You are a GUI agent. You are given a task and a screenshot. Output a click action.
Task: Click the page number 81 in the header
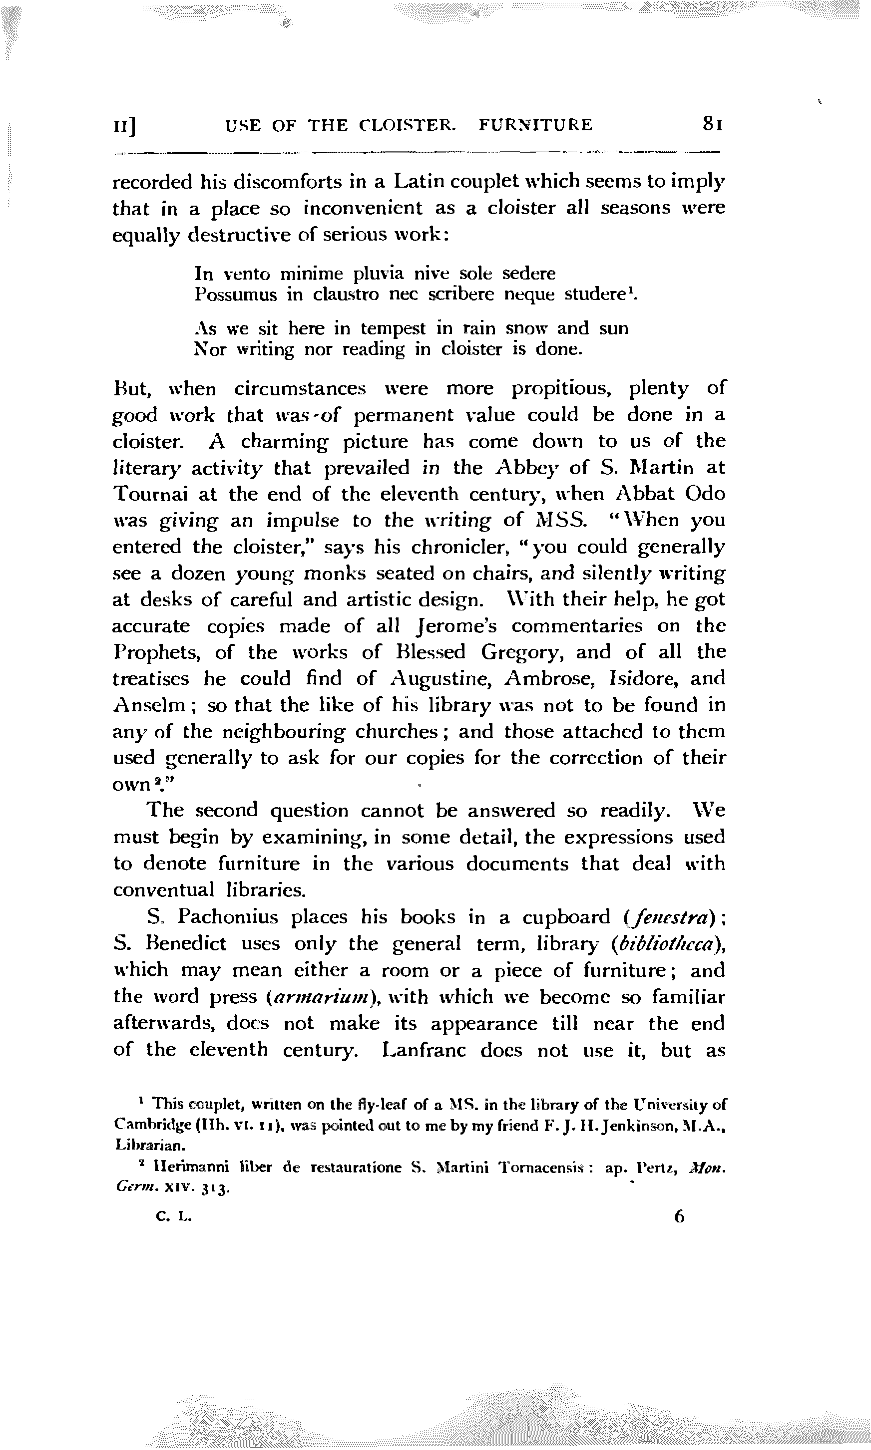711,124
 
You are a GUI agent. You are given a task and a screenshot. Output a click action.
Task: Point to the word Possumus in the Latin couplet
235,294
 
